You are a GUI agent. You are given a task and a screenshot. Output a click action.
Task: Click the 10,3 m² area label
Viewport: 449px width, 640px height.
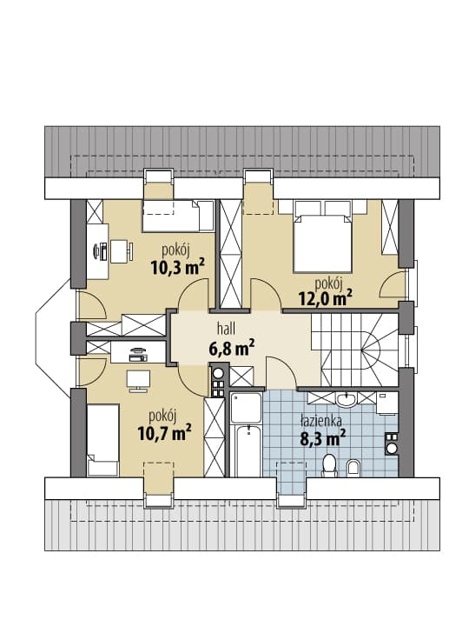[x=177, y=267]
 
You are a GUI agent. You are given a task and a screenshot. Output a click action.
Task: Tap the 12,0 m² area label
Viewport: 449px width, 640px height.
[x=326, y=298]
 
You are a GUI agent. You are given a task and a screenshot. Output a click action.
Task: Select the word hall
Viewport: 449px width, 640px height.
[x=227, y=329]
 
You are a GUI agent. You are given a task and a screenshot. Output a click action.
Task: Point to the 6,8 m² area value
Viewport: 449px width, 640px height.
[x=232, y=348]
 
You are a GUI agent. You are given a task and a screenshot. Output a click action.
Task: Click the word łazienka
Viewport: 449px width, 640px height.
[x=321, y=420]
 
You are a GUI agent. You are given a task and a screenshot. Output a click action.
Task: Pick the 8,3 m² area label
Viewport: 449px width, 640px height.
[x=323, y=439]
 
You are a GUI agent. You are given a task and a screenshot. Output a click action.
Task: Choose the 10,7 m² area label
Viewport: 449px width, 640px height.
[x=165, y=433]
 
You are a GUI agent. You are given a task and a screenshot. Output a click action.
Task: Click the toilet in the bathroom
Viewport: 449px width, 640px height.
[x=328, y=466]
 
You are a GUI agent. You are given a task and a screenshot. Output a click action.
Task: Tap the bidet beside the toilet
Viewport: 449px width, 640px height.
[x=353, y=468]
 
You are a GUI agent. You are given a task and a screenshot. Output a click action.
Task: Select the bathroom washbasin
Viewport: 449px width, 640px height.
[x=347, y=400]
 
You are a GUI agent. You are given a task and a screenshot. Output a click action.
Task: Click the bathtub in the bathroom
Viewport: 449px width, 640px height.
[x=246, y=450]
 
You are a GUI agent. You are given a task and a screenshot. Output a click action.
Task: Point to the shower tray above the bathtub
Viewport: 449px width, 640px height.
[x=246, y=407]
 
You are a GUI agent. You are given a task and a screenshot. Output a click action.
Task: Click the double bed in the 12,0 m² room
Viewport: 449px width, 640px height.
[x=322, y=243]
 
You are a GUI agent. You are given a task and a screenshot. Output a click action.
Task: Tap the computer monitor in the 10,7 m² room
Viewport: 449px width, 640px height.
[x=138, y=381]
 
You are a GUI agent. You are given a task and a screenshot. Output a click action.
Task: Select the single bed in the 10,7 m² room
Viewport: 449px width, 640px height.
[x=102, y=440]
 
